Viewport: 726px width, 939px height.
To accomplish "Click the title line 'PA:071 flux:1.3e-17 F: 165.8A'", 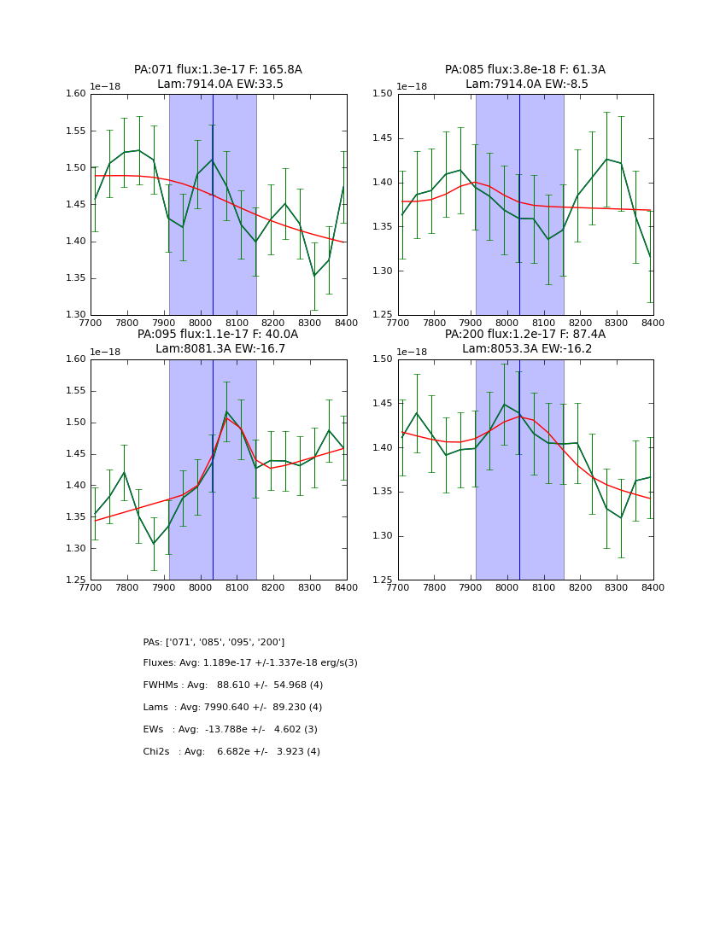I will coord(218,70).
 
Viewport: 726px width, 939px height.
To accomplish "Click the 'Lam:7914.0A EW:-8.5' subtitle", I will coord(525,85).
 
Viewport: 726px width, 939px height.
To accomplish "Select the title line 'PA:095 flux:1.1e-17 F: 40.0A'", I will coord(218,335).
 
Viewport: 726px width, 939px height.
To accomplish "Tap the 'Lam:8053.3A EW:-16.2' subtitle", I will coord(525,349).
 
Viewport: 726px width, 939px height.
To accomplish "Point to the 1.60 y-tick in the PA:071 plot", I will coord(77,94).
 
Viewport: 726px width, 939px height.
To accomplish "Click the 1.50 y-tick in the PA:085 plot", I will coord(383,94).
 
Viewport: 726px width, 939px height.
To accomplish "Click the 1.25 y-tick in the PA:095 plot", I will coord(77,580).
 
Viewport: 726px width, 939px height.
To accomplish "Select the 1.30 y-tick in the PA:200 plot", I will coord(383,536).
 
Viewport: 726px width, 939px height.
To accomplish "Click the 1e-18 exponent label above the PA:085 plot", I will coord(413,86).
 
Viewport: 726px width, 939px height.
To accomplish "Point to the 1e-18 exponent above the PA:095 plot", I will coord(106,352).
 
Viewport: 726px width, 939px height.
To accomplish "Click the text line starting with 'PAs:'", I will coord(214,642).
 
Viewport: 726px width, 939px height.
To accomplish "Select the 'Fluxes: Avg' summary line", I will coord(250,663).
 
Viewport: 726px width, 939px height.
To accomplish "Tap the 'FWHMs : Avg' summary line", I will coord(233,685).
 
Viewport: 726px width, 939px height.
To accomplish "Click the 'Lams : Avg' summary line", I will coord(232,708).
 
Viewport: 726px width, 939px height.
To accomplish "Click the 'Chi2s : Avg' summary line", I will coord(231,752).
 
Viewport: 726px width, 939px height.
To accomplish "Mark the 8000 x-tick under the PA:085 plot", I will coord(506,323).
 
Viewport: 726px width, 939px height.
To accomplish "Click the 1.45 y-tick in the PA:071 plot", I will coord(77,205).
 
